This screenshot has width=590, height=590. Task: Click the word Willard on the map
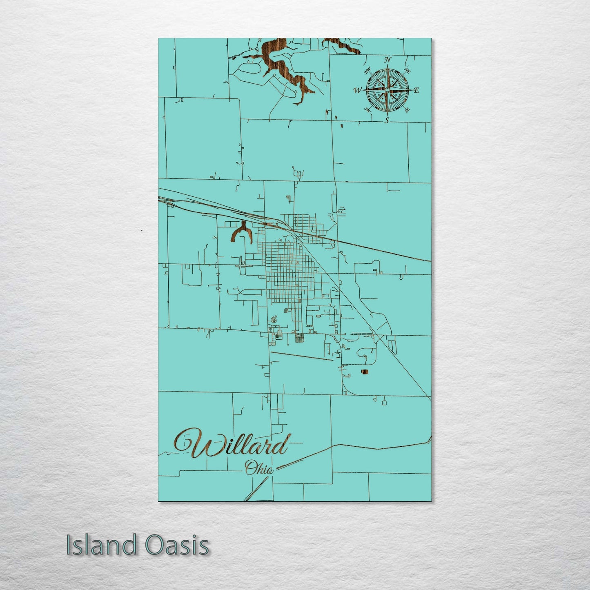pos(231,445)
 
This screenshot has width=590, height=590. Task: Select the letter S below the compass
pos(387,120)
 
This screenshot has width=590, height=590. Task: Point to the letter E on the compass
pos(416,91)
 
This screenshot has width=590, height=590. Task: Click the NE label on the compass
pos(407,70)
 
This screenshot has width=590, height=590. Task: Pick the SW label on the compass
pos(367,109)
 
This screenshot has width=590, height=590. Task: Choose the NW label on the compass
pos(367,70)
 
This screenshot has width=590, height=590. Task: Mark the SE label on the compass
pos(407,109)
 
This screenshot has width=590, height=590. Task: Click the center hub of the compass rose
pos(387,90)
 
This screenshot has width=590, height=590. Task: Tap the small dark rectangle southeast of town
pos(364,372)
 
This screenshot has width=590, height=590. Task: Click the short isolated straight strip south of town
pos(302,356)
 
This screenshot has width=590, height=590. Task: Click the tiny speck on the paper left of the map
pos(141,231)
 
